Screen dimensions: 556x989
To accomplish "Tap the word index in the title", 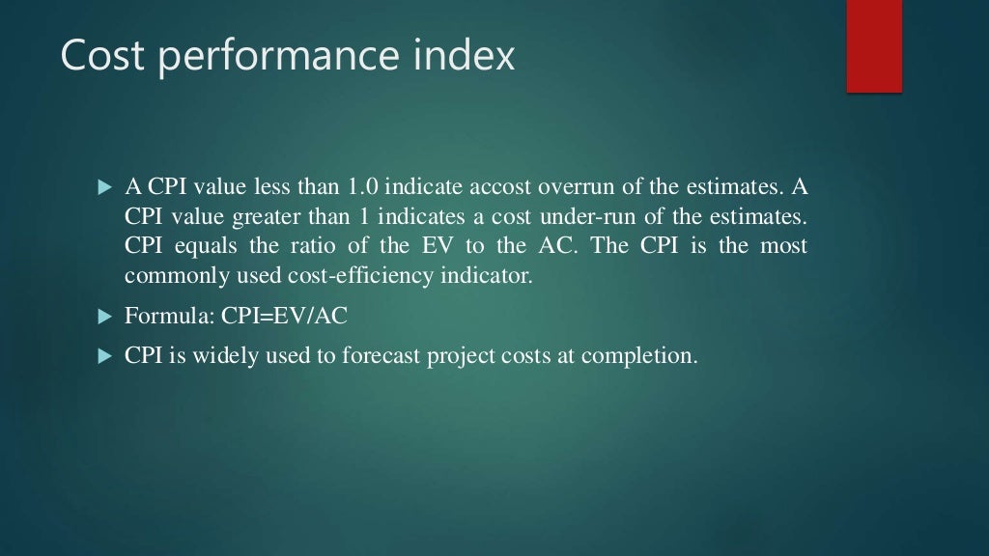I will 463,56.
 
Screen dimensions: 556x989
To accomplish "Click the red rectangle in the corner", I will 874,45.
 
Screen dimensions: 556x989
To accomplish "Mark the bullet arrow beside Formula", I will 106,317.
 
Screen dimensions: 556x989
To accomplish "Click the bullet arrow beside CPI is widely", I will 106,356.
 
